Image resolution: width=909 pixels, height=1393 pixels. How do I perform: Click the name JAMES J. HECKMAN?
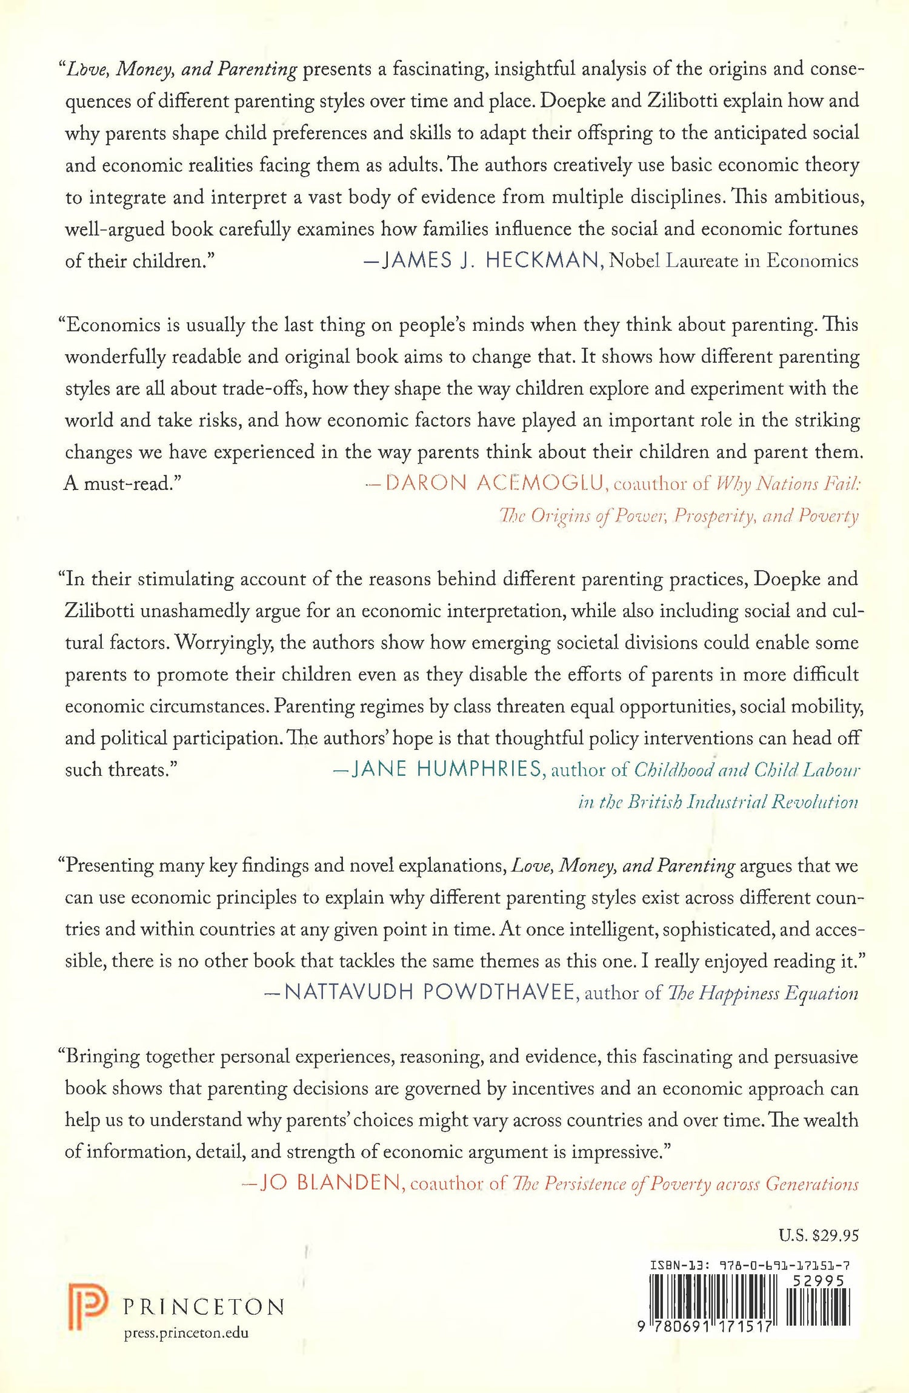click(490, 260)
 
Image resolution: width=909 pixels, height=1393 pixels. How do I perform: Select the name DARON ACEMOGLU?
click(494, 483)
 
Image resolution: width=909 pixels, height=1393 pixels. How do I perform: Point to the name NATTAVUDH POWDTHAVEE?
click(429, 992)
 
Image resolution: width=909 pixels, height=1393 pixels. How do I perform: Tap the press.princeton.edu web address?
click(186, 1333)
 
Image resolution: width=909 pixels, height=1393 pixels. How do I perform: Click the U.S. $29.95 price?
click(819, 1235)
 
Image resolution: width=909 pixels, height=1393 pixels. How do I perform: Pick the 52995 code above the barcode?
click(818, 1281)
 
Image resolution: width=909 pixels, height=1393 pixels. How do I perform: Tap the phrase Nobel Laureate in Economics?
click(733, 260)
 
